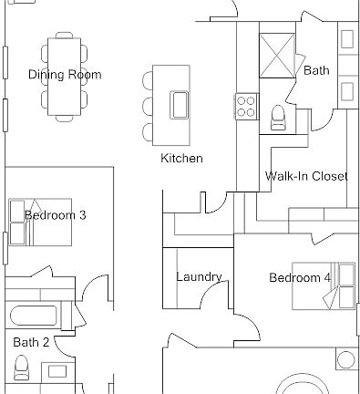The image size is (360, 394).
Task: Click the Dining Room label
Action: [x=64, y=75]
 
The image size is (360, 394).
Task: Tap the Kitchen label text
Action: [x=181, y=159]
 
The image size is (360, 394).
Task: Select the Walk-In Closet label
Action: [x=305, y=176]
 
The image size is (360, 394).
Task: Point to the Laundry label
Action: [x=199, y=277]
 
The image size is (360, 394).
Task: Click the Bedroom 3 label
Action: [x=56, y=215]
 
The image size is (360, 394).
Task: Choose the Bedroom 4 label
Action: [x=299, y=277]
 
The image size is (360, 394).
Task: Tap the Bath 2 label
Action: [x=31, y=342]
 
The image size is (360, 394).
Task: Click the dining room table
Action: [x=64, y=77]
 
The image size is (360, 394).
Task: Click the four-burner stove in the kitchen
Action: [x=246, y=105]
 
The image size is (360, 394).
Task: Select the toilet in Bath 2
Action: [x=23, y=369]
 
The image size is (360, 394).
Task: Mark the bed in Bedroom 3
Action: [x=40, y=222]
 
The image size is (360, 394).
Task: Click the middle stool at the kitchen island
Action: [x=149, y=105]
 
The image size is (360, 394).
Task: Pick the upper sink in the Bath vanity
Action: [x=347, y=39]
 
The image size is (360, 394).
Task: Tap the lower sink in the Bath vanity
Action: [x=347, y=91]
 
